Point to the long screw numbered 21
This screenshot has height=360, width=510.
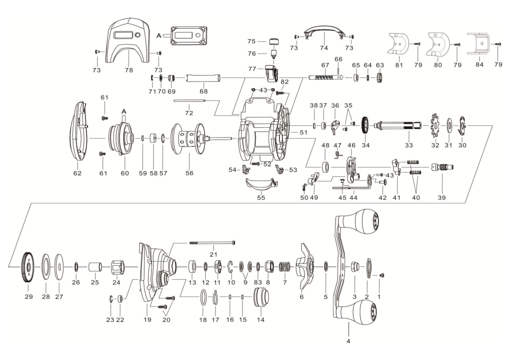coord(213,243)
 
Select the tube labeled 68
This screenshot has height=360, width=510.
coord(203,77)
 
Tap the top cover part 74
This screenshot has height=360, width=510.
coord(323,33)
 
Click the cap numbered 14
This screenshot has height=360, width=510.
coord(260,297)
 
